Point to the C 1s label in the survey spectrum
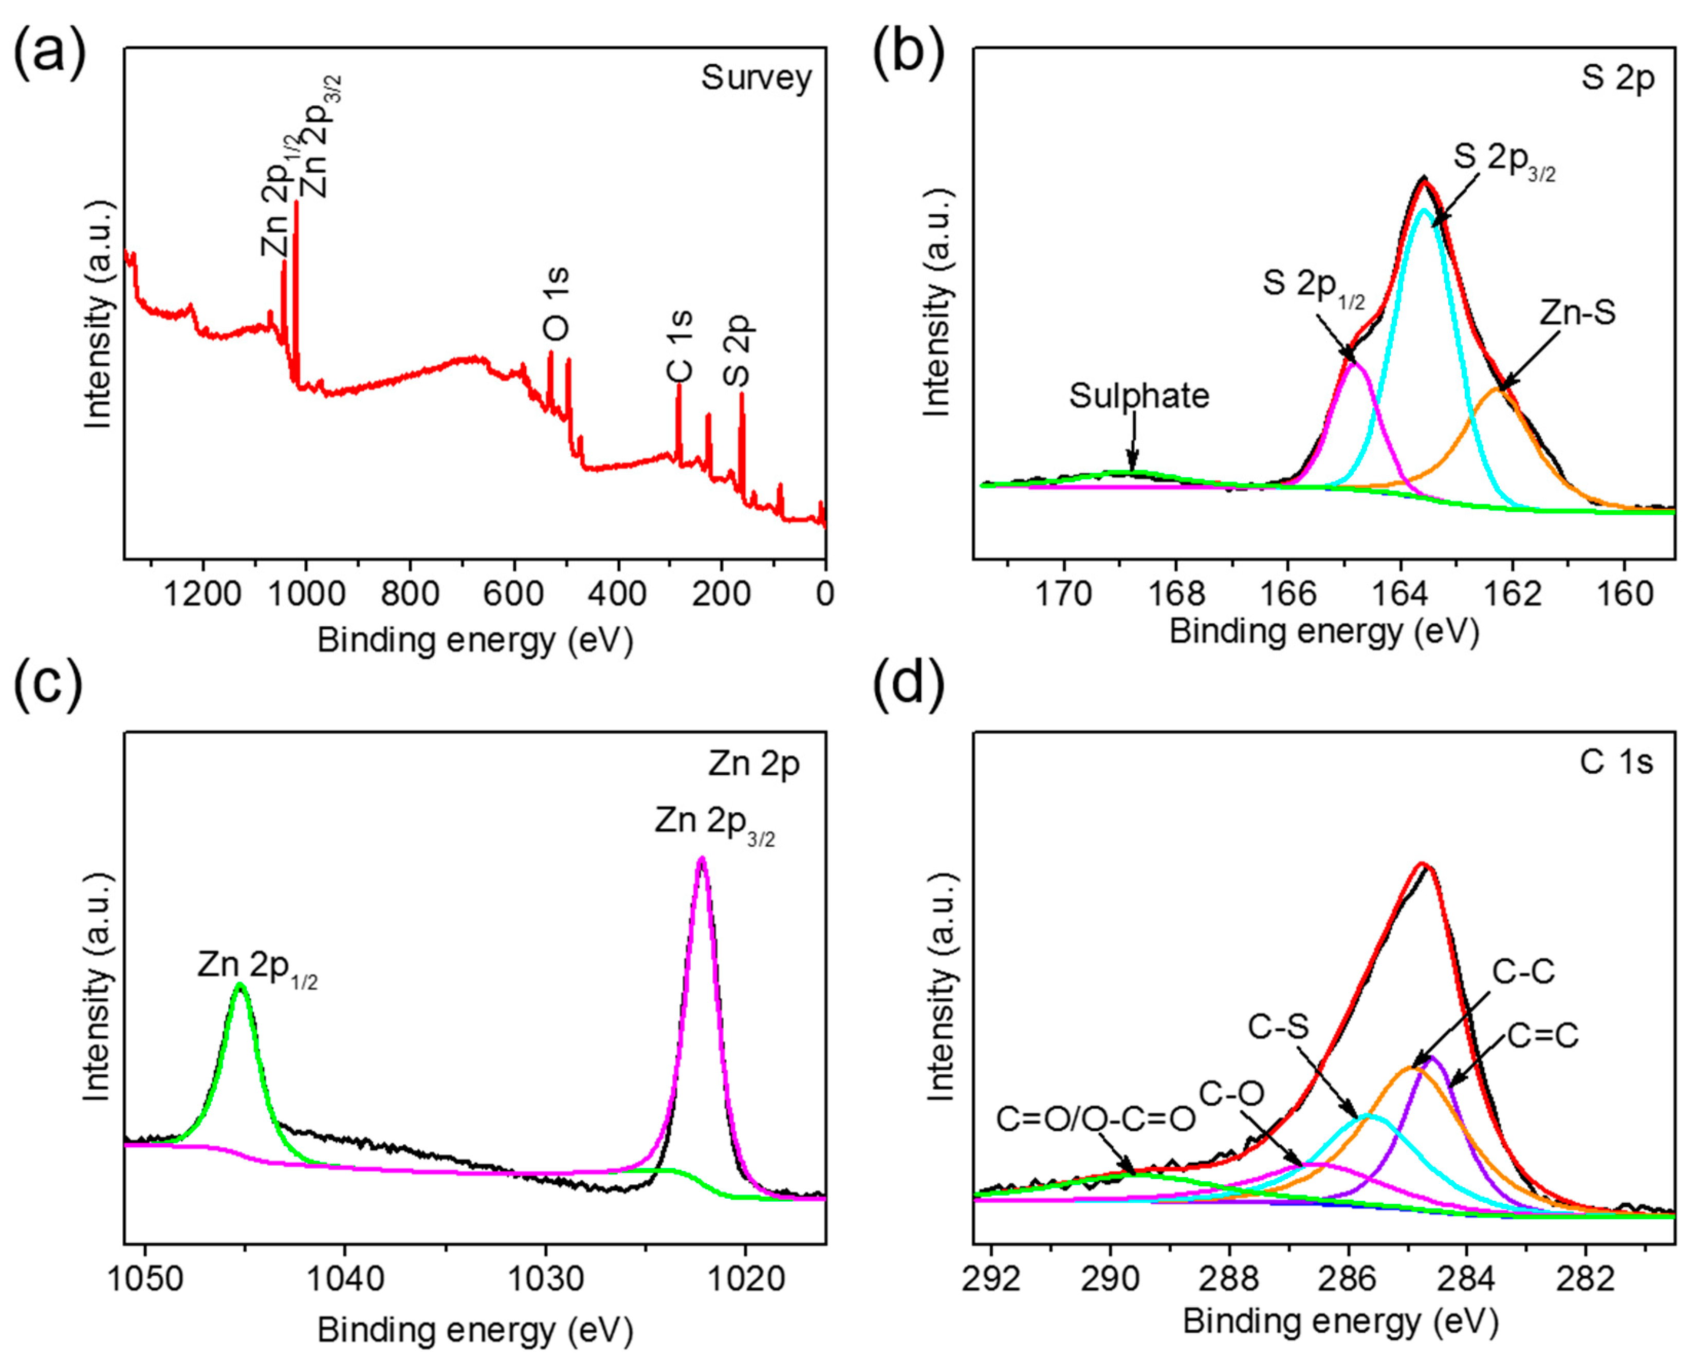pos(679,346)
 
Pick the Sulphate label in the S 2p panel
pos(1138,396)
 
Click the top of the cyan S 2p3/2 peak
pos(1422,209)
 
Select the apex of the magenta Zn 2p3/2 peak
pos(702,859)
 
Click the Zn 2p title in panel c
pos(753,763)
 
